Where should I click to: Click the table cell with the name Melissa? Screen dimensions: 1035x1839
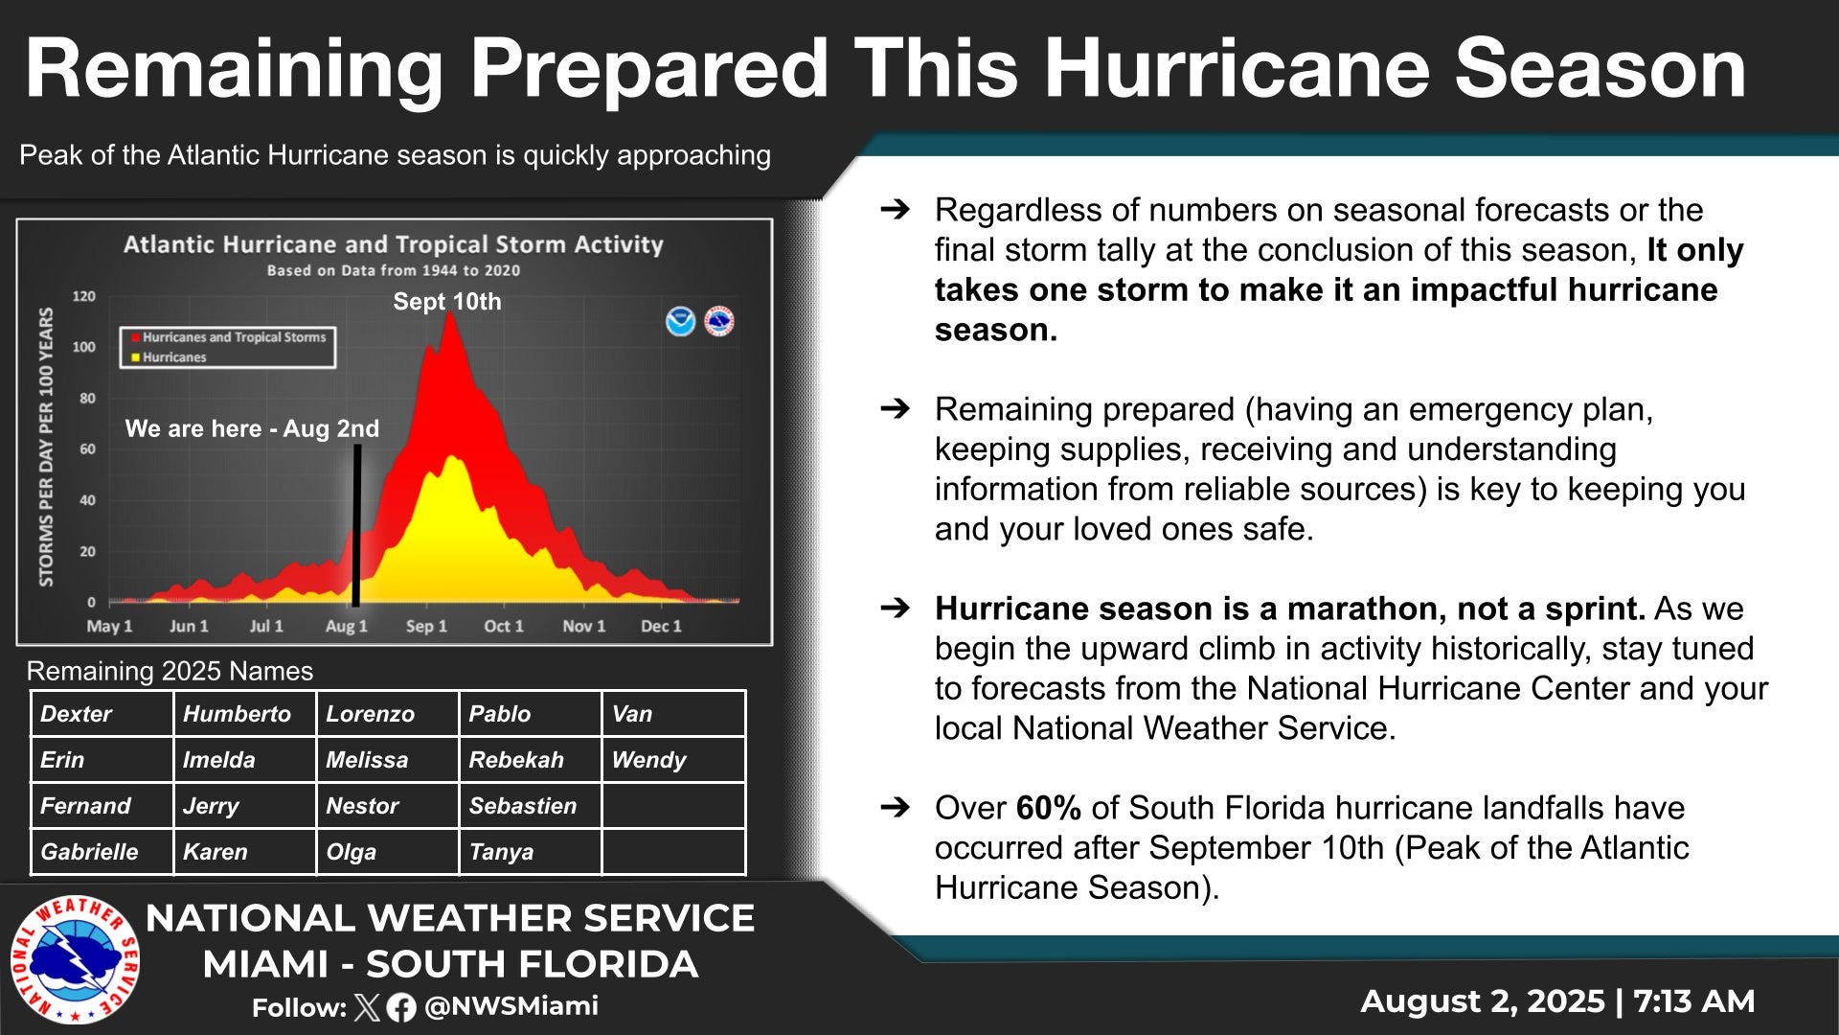point(387,760)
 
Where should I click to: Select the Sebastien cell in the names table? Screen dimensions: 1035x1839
point(530,806)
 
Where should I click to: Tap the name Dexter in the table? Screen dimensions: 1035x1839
point(102,714)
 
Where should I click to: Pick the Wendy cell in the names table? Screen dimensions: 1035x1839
point(672,760)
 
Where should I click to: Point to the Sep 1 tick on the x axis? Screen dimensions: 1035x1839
point(426,626)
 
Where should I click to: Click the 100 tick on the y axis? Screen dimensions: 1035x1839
point(84,347)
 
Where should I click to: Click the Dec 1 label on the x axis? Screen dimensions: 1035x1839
point(661,626)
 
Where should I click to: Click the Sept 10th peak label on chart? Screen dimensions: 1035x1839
point(447,302)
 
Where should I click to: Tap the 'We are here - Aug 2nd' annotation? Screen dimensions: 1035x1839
point(252,428)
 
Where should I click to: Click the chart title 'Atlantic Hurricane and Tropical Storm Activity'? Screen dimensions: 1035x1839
point(393,245)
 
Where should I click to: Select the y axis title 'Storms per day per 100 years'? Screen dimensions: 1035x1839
point(46,448)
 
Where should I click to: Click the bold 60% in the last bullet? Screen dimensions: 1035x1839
point(1048,808)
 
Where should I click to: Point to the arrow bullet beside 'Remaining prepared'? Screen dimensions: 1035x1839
point(895,409)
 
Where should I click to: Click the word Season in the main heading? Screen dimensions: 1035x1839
point(1600,69)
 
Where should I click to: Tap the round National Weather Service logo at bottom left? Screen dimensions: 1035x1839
point(76,959)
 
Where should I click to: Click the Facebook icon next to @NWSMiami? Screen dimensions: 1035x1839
point(401,1007)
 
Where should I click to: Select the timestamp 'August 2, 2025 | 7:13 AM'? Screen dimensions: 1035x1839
point(1557,1000)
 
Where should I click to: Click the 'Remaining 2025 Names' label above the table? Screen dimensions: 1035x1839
point(170,671)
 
